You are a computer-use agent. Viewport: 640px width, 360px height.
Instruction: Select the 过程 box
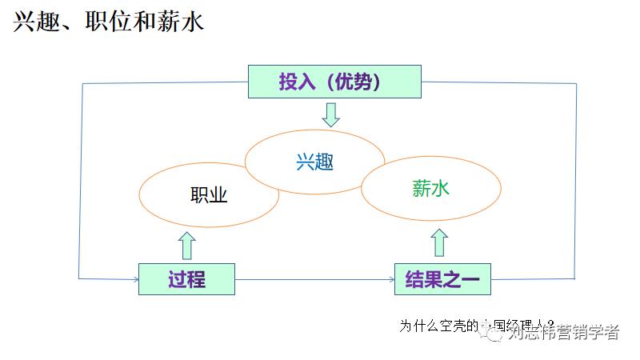point(186,279)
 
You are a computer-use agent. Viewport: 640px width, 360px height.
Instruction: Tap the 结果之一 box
point(442,279)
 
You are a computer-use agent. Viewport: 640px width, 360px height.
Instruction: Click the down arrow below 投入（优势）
point(330,114)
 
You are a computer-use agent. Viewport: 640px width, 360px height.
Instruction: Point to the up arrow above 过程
point(187,245)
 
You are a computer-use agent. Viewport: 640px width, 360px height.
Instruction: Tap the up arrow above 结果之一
point(439,242)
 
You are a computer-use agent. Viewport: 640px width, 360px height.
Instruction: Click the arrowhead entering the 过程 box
point(134,279)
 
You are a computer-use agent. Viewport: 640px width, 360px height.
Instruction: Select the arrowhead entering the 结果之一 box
point(390,279)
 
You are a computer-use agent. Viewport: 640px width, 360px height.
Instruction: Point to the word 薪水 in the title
point(184,22)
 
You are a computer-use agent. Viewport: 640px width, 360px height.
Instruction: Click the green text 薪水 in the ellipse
point(432,189)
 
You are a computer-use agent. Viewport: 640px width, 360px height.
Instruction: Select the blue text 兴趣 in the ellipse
point(314,162)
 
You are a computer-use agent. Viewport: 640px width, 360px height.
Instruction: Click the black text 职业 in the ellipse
point(209,196)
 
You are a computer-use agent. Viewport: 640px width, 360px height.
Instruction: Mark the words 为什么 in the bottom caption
point(417,326)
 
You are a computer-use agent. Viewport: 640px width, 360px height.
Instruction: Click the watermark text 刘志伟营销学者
point(564,331)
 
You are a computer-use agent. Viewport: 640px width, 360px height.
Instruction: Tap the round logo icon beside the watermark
point(494,332)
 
